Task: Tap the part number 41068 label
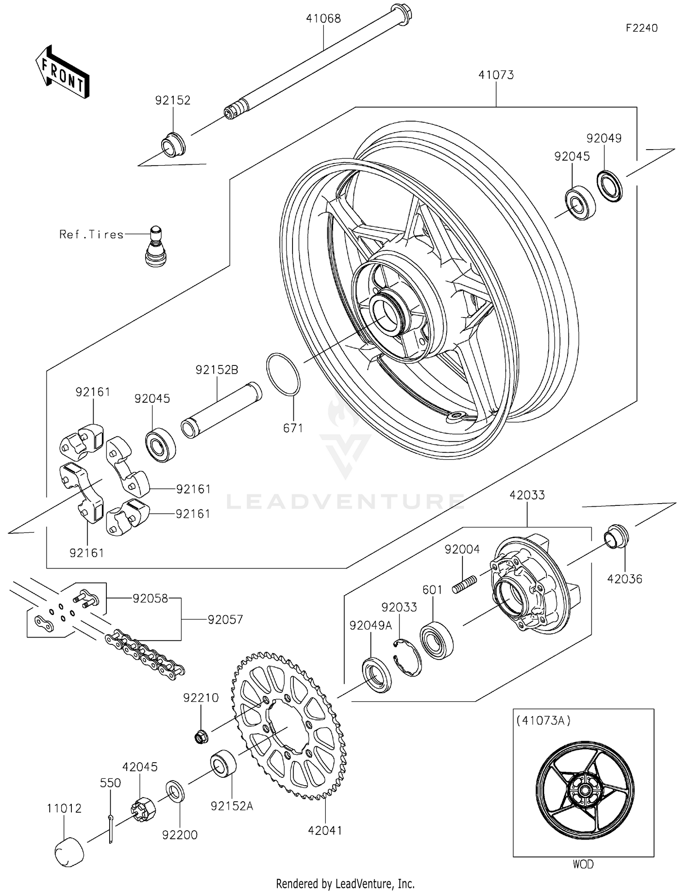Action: pyautogui.click(x=323, y=18)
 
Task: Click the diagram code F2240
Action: pyautogui.click(x=642, y=28)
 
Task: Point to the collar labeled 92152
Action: pyautogui.click(x=173, y=145)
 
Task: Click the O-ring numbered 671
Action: pyautogui.click(x=283, y=374)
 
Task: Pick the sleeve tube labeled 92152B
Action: pyautogui.click(x=221, y=410)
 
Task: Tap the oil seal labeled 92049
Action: pyautogui.click(x=609, y=186)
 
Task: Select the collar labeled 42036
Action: pyautogui.click(x=616, y=536)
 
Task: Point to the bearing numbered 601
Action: pyautogui.click(x=436, y=640)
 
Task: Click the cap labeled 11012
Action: pyautogui.click(x=70, y=851)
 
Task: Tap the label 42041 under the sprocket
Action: pyautogui.click(x=325, y=830)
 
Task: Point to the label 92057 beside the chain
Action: pyautogui.click(x=225, y=620)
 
